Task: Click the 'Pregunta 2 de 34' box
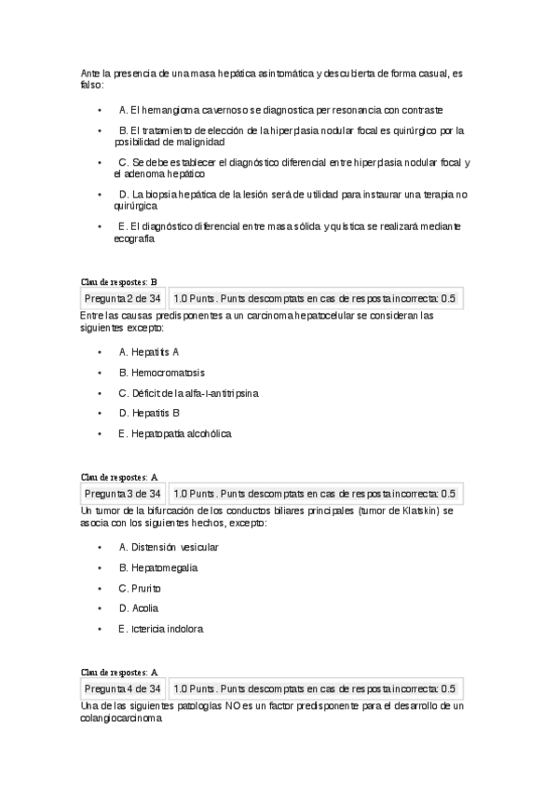pyautogui.click(x=123, y=299)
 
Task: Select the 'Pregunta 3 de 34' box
pyautogui.click(x=123, y=494)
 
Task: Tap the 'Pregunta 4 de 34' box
pyautogui.click(x=123, y=689)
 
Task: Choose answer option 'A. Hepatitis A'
pyautogui.click(x=149, y=352)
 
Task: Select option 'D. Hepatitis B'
pyautogui.click(x=149, y=413)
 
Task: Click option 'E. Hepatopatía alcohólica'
pyautogui.click(x=174, y=433)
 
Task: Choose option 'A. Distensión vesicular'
pyautogui.click(x=169, y=548)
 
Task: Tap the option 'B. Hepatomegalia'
pyautogui.click(x=157, y=567)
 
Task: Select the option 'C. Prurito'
pyautogui.click(x=140, y=589)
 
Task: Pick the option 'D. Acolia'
pyautogui.click(x=139, y=608)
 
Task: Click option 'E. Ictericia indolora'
pyautogui.click(x=160, y=629)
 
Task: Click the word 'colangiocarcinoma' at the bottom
pyautogui.click(x=121, y=719)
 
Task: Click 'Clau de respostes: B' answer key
pyautogui.click(x=120, y=280)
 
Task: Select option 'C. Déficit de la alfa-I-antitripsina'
pyautogui.click(x=188, y=393)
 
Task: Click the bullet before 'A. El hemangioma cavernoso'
pyautogui.click(x=100, y=110)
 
